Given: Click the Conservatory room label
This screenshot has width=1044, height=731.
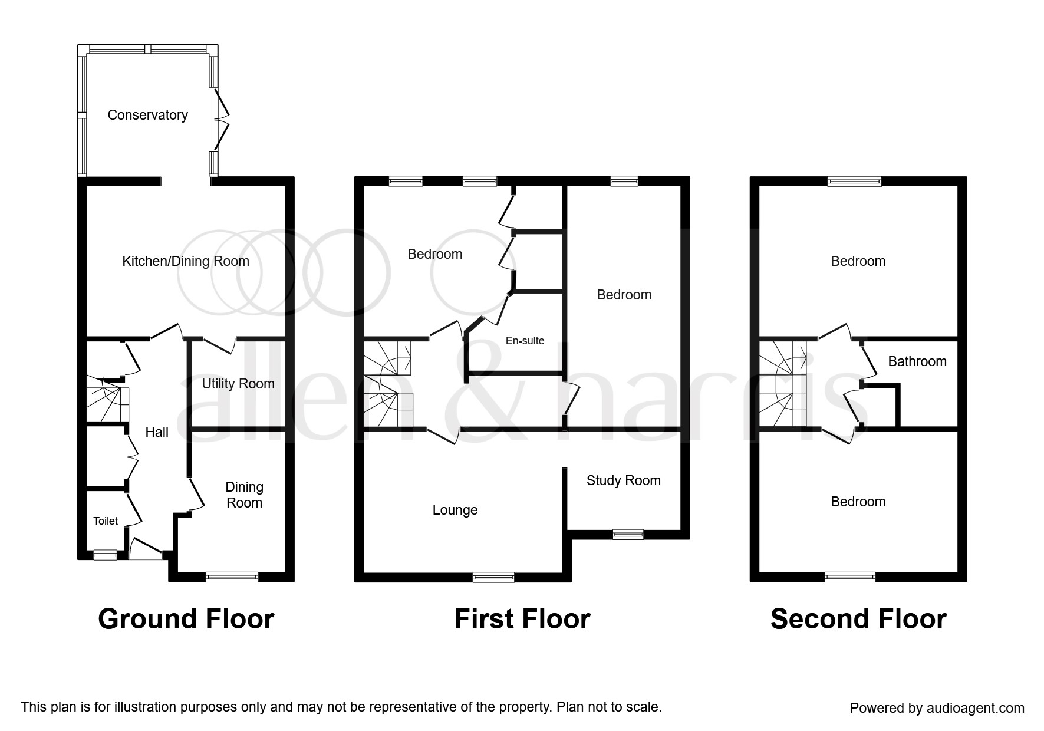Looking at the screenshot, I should [x=147, y=115].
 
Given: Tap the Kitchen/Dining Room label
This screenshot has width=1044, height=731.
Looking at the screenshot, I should [x=185, y=261].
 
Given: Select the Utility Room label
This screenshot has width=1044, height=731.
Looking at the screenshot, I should [x=238, y=384].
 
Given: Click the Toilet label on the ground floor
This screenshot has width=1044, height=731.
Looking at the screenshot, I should [x=106, y=521].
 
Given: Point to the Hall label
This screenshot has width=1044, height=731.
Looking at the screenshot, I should [x=157, y=432].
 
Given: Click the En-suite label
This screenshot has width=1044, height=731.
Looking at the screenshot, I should [x=525, y=341].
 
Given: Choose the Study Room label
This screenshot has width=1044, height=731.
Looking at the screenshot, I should [x=623, y=480].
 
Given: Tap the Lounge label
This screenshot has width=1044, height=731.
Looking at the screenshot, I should [x=455, y=510].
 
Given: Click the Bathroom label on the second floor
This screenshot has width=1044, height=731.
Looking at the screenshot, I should [x=917, y=361].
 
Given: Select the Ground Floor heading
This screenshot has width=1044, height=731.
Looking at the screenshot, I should [x=186, y=619].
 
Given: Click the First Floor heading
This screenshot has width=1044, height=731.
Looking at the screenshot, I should [x=522, y=619].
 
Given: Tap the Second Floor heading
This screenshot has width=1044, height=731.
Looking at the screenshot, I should [x=858, y=619].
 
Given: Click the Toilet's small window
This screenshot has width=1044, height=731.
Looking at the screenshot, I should [x=106, y=554].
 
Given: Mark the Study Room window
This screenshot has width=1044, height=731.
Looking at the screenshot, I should [x=628, y=535].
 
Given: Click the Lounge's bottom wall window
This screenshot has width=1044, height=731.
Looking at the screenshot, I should [x=493, y=578].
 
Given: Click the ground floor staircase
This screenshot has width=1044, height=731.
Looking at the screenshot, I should [x=107, y=404].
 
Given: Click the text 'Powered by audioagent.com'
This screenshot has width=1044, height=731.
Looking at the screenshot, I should [x=937, y=708].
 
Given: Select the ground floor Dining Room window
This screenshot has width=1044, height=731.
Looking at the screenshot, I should [x=232, y=577].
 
